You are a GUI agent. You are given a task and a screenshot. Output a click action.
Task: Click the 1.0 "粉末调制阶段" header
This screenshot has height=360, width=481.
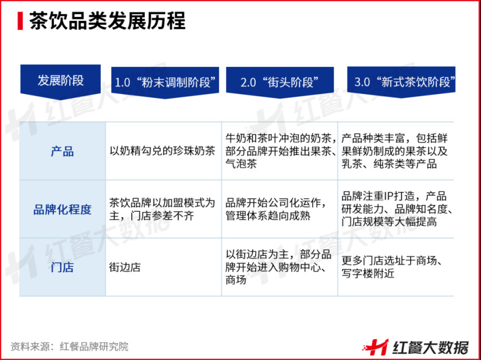point(165,82)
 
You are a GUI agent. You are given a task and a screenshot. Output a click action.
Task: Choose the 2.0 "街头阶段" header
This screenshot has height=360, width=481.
point(280,82)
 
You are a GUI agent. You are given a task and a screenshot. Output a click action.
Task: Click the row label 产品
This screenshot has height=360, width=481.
point(62,151)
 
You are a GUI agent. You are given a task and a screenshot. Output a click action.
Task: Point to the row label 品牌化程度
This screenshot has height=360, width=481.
point(62,209)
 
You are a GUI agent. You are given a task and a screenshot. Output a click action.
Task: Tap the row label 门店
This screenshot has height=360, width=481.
point(62,267)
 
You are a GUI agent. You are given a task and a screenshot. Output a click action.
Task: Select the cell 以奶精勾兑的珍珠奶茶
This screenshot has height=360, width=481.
point(162,151)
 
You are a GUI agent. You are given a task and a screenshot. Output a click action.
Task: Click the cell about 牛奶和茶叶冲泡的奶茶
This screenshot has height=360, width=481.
point(280,151)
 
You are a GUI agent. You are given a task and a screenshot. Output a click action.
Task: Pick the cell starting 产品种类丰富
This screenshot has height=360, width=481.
point(396,151)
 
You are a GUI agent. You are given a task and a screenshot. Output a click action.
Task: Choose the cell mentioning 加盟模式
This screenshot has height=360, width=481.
point(162,209)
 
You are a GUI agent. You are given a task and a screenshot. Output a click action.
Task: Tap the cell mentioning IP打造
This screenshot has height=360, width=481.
point(396,209)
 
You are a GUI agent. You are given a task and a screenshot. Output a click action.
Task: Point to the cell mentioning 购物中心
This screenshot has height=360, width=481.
point(278,267)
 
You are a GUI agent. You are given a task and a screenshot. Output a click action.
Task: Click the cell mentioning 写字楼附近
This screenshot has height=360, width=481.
point(396,267)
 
